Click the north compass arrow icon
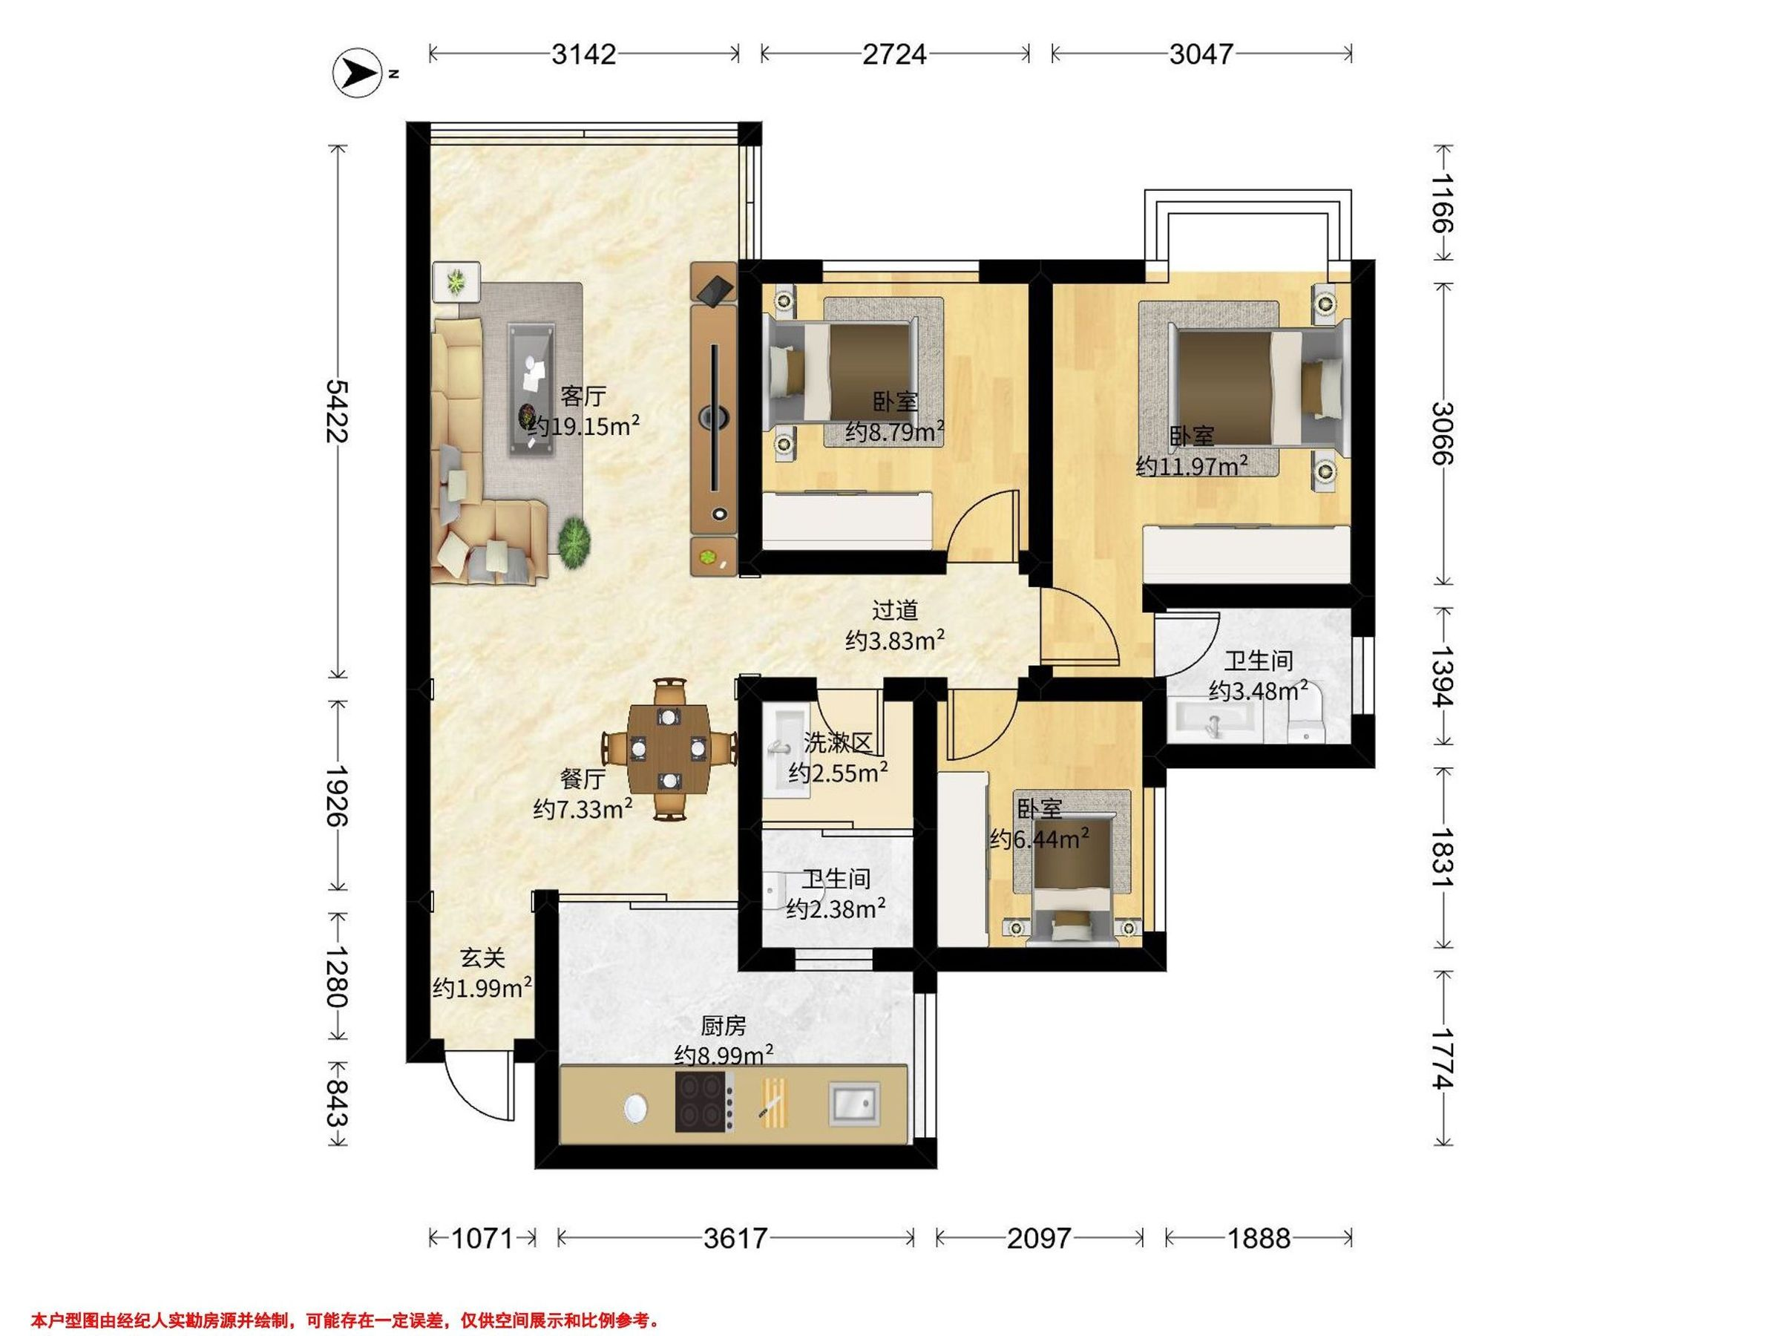point(357,74)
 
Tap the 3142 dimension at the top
point(584,54)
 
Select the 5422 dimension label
point(337,410)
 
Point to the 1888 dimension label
point(1259,1238)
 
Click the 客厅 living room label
point(583,396)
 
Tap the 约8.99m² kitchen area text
point(724,1055)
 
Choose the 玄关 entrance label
point(482,957)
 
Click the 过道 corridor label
point(894,610)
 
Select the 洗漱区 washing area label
point(838,742)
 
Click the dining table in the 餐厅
point(669,748)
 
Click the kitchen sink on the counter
point(854,1103)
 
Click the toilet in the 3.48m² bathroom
point(1305,718)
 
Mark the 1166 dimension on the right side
point(1443,202)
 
